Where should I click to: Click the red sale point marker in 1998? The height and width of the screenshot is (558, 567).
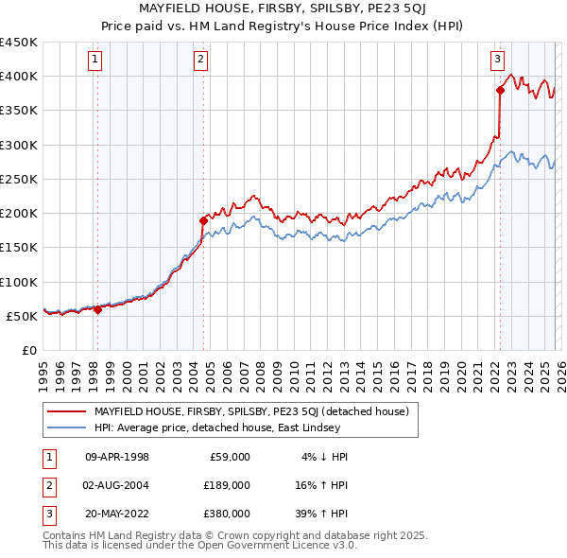click(x=97, y=309)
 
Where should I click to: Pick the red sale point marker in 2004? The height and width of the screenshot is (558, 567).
click(x=202, y=220)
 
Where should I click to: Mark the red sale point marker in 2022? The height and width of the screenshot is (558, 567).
click(x=499, y=91)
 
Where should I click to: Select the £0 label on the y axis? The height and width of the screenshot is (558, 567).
click(x=28, y=350)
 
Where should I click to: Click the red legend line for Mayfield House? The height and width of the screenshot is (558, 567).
click(x=66, y=411)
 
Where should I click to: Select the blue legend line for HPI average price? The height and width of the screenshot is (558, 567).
click(x=66, y=428)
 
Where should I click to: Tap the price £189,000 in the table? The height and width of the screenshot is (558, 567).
click(x=224, y=484)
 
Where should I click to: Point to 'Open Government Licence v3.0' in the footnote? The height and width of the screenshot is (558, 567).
click(x=274, y=545)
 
